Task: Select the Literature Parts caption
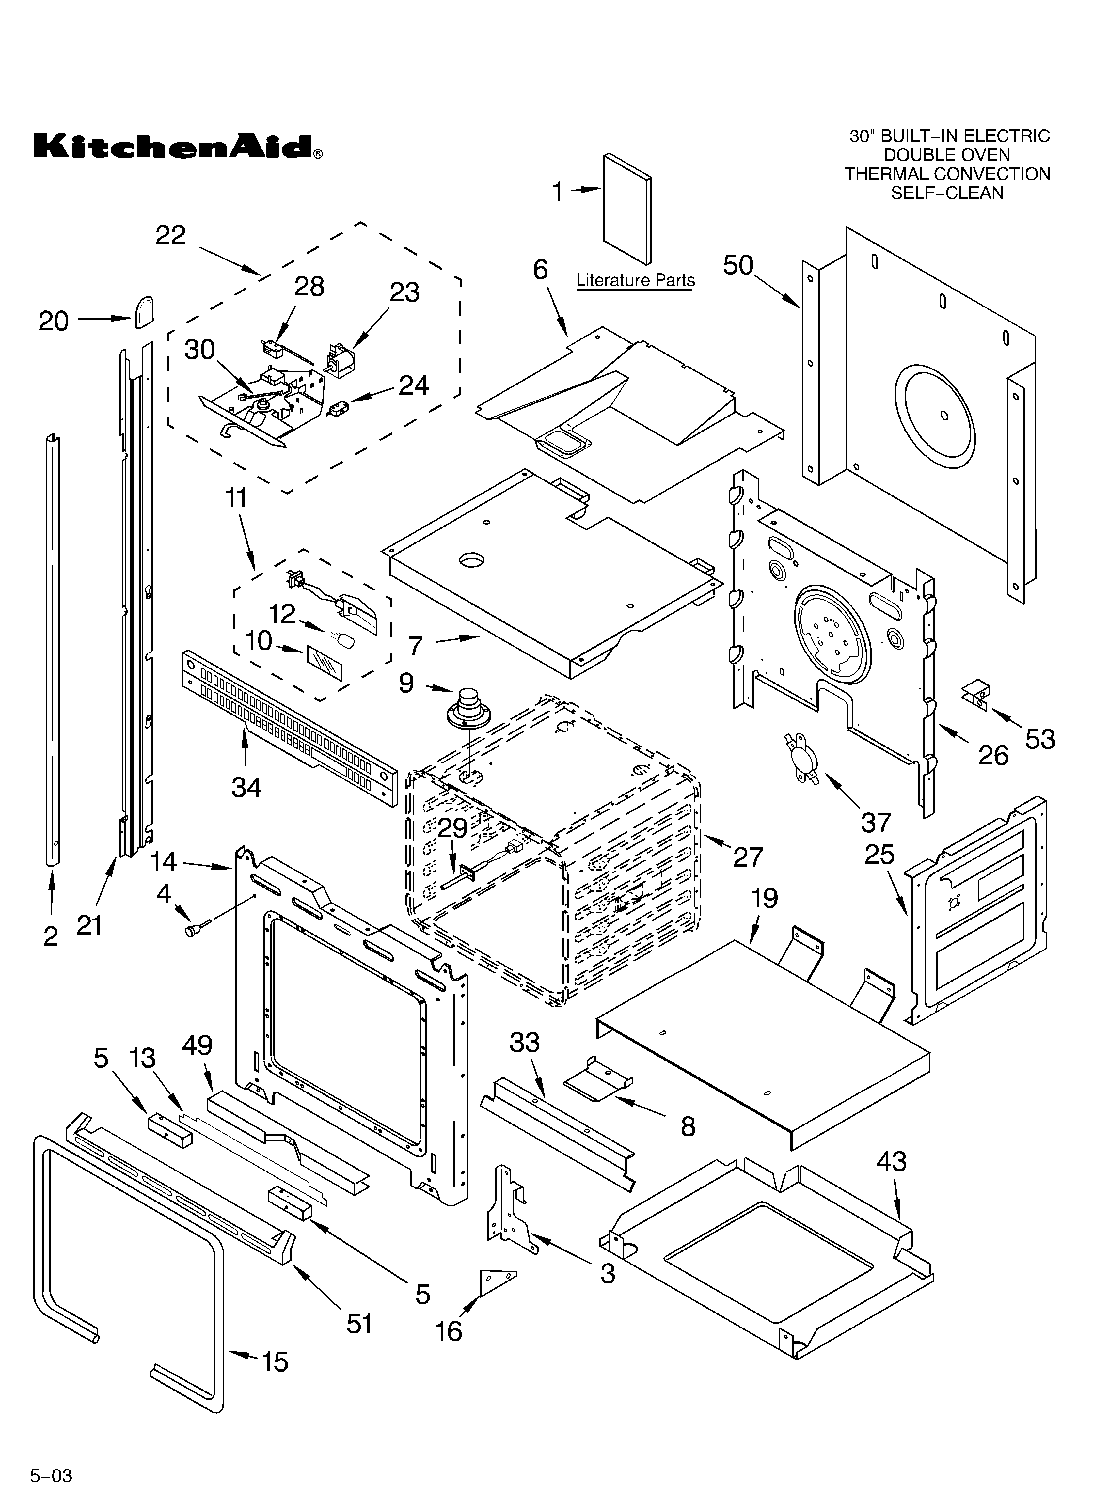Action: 635,281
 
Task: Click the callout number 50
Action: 738,266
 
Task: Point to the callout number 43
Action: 891,1162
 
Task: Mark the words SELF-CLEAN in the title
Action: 946,193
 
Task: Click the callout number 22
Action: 170,236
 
